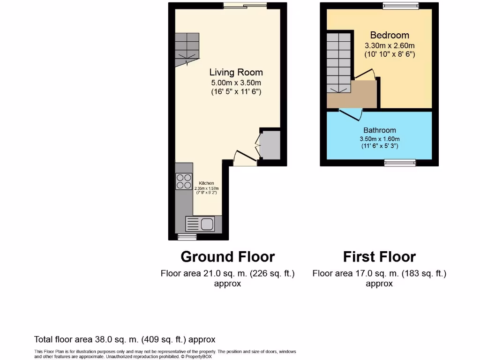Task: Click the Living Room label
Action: coord(236,72)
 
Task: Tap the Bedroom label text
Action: coord(390,35)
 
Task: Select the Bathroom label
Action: coord(380,130)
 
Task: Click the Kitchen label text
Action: coord(206,183)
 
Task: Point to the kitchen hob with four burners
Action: coord(184,181)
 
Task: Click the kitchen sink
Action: coord(202,224)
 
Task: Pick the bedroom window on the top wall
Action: coord(400,6)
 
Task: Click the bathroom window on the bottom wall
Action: coord(400,163)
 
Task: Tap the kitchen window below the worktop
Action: coord(187,237)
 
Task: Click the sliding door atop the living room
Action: coord(245,6)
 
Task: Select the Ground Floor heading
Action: coord(227,257)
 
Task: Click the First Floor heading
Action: coord(379,257)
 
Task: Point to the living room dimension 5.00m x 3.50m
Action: coord(236,82)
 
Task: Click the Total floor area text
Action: coord(125,339)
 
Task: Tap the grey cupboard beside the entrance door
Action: coord(270,145)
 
